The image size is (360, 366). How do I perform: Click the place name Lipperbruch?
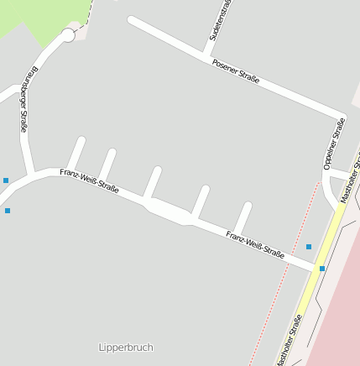click(x=126, y=347)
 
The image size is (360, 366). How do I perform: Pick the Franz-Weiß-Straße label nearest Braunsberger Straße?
click(x=89, y=180)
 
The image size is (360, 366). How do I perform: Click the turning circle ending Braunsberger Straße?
click(x=68, y=35)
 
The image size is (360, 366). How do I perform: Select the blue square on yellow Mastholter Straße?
click(x=321, y=269)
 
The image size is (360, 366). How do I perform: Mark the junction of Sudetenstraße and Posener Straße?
click(x=206, y=58)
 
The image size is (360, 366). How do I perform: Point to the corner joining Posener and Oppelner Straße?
click(x=342, y=117)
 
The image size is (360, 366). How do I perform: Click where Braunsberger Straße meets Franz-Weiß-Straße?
click(x=31, y=175)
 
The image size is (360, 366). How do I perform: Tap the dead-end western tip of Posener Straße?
click(x=131, y=19)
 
